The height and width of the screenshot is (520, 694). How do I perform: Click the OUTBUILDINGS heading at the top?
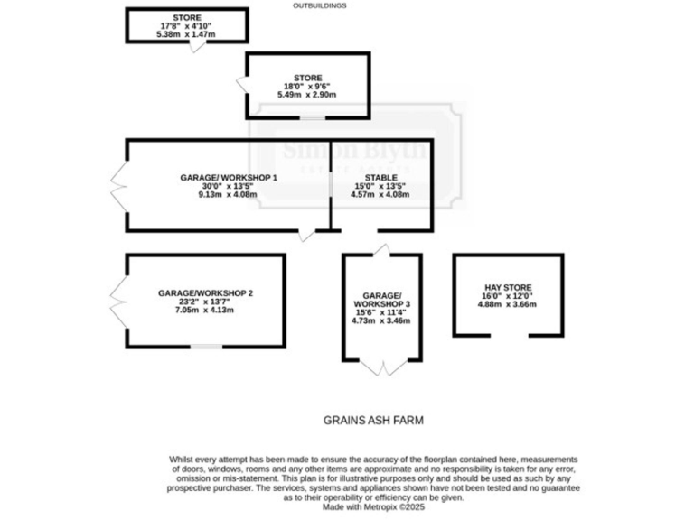click(x=320, y=5)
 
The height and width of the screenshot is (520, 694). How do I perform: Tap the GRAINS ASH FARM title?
click(x=373, y=420)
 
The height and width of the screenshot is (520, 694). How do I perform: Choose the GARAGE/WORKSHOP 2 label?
click(x=205, y=293)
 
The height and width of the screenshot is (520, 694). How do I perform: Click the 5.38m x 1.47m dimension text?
click(x=187, y=34)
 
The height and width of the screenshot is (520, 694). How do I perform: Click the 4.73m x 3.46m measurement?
click(x=380, y=320)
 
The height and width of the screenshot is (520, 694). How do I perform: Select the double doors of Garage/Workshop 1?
click(x=117, y=185)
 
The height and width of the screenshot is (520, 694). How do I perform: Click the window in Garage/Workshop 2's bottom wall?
click(x=206, y=347)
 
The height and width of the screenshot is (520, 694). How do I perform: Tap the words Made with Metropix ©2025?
click(x=372, y=507)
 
